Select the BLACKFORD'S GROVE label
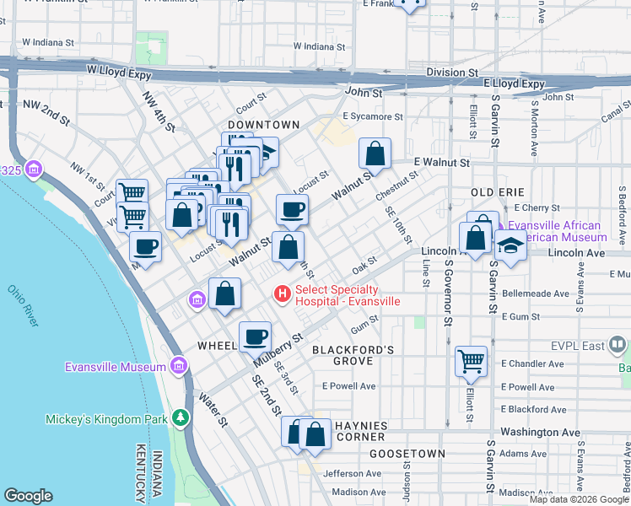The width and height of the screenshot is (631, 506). [353, 355]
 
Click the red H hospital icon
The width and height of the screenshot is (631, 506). [282, 294]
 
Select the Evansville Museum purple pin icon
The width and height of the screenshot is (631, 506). [178, 366]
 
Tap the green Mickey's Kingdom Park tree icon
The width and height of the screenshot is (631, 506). [179, 418]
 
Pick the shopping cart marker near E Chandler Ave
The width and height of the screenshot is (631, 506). [472, 361]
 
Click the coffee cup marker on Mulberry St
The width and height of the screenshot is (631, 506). [255, 336]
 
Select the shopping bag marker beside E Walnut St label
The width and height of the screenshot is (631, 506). [375, 153]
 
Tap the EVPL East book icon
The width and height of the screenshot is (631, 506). [618, 345]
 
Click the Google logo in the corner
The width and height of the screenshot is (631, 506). [28, 496]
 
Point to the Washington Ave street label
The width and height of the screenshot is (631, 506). [539, 432]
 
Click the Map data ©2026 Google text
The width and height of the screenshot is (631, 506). [578, 499]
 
